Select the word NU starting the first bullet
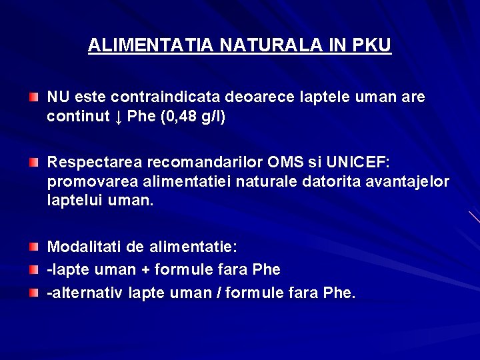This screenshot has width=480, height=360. point(57,97)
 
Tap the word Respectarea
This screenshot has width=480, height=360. point(93,162)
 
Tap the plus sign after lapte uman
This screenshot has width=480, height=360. point(142,270)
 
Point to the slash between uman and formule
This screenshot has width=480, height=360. point(218,293)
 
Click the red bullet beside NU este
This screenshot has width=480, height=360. point(33,98)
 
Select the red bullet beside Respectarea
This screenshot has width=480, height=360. point(33,163)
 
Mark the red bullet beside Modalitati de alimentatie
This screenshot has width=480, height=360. point(33,248)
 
